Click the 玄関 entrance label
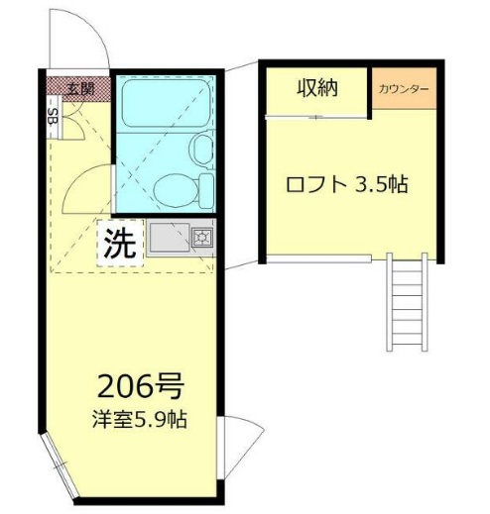[x=80, y=89]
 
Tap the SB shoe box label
[x=53, y=116]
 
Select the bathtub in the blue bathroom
[x=167, y=103]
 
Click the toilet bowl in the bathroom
[x=177, y=191]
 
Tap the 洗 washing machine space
[x=120, y=244]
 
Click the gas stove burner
[x=201, y=237]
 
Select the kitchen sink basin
[x=169, y=237]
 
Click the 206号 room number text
[x=141, y=386]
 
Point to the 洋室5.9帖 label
[x=140, y=420]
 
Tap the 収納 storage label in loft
[x=317, y=88]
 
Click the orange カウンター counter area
[x=405, y=88]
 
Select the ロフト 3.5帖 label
[x=346, y=184]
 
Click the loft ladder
[x=408, y=302]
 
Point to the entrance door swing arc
[x=94, y=28]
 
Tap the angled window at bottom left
[x=60, y=466]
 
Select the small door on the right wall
[x=240, y=448]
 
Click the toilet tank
[x=206, y=191]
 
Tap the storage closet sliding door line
[x=316, y=117]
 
